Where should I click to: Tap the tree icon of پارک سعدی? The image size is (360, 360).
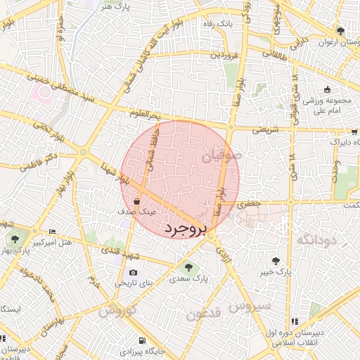point(187,266)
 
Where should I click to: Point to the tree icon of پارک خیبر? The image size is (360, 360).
point(285,261)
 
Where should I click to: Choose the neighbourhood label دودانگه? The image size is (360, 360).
point(318,240)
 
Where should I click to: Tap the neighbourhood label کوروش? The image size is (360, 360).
point(117,309)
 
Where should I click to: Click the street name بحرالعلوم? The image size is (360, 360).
point(146,113)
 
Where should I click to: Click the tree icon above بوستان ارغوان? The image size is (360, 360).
point(340,32)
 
